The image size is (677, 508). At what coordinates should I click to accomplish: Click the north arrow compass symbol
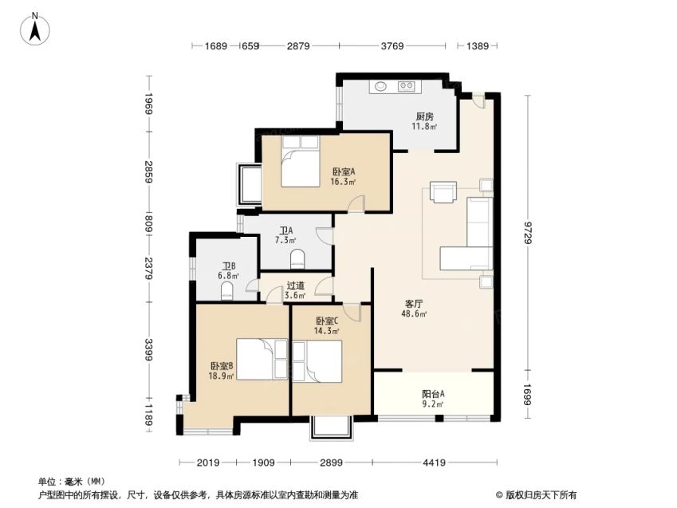click(35, 29)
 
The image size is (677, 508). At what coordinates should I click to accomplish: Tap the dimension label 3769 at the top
click(392, 45)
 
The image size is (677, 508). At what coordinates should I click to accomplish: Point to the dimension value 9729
click(528, 232)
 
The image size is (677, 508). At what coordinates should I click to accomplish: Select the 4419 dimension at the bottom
click(434, 463)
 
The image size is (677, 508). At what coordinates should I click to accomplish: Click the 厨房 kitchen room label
click(424, 116)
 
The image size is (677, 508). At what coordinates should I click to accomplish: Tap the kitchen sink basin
click(380, 86)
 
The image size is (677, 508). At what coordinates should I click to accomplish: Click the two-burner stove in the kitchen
click(407, 86)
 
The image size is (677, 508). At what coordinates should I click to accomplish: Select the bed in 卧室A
click(300, 161)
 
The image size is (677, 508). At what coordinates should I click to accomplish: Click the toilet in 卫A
click(297, 259)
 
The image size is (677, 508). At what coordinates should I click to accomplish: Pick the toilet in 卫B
click(227, 291)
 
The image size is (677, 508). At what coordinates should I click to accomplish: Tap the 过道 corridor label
click(296, 286)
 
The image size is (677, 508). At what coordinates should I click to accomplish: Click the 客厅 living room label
click(414, 304)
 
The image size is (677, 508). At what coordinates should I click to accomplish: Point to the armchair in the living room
click(443, 191)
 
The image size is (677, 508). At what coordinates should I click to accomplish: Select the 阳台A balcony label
click(433, 394)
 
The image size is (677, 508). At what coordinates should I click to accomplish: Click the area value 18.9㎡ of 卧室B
click(221, 376)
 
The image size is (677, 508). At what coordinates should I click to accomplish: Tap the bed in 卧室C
click(317, 361)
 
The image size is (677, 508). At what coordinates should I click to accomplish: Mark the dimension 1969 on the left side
click(149, 103)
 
